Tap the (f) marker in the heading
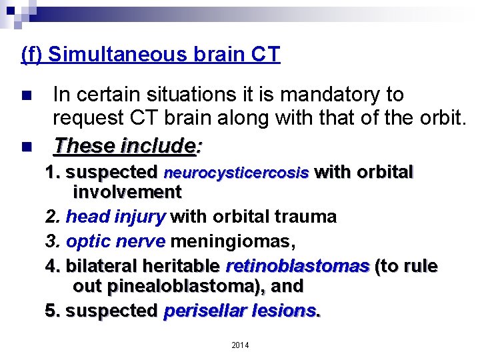click(33, 54)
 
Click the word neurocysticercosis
click(236, 173)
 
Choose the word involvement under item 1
click(127, 193)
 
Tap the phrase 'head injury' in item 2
click(116, 217)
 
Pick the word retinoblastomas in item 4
click(297, 266)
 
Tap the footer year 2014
click(240, 345)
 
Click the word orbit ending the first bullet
click(441, 117)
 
